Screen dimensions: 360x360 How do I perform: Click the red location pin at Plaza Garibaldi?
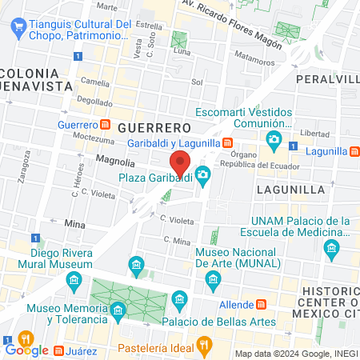point(180,162)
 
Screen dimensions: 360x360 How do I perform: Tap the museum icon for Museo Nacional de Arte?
point(213,278)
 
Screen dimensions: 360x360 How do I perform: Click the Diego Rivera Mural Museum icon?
point(75,279)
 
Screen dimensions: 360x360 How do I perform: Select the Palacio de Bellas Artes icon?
point(179,301)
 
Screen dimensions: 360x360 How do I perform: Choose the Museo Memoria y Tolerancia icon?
point(118,309)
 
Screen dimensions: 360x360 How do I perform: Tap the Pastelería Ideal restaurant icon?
point(205,346)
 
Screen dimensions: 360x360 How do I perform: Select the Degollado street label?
point(95,102)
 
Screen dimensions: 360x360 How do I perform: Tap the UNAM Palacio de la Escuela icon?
point(332,250)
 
